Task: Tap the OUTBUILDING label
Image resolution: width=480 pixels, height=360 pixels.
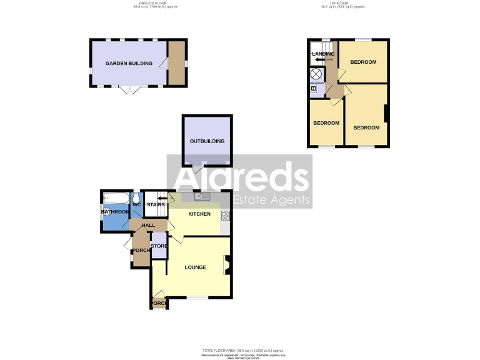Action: [207, 141]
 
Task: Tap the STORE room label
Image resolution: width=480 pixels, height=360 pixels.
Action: [159, 246]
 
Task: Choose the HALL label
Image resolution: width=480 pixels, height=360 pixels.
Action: [148, 225]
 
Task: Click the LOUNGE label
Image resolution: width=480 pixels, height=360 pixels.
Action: [195, 267]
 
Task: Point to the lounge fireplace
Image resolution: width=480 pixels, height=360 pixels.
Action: [227, 265]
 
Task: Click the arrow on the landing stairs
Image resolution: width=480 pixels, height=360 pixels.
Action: [320, 59]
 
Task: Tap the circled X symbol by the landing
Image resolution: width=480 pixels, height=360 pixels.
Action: [316, 74]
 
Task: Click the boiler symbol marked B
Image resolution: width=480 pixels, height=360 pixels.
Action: [313, 89]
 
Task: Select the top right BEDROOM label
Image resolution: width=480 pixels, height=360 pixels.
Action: [362, 62]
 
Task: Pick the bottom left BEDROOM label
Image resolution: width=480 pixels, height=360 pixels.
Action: [326, 123]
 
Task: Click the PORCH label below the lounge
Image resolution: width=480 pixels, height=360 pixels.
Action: [159, 304]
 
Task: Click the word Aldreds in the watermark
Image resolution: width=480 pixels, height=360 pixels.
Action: [241, 177]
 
